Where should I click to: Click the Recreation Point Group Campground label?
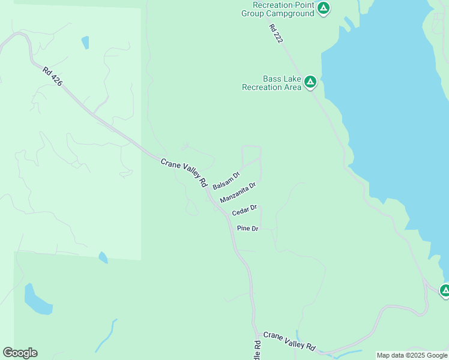tap(278, 9)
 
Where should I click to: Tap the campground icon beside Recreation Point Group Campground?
tap(324, 8)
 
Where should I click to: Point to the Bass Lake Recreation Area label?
tap(271, 83)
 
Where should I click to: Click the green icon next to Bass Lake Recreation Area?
tap(310, 82)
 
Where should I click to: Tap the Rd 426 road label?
tap(52, 77)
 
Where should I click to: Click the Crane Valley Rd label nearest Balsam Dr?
tap(184, 171)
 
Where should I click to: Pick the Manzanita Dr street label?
tap(238, 193)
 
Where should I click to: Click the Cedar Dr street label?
tap(244, 211)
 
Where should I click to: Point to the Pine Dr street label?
tap(247, 229)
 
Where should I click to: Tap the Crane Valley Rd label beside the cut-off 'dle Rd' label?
tap(289, 341)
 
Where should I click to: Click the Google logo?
tap(20, 353)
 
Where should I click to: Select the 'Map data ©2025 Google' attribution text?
tap(412, 355)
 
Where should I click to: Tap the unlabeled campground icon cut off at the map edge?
tap(445, 291)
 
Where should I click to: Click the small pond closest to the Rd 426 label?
tap(85, 43)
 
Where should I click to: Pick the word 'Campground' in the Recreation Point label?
tap(292, 13)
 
